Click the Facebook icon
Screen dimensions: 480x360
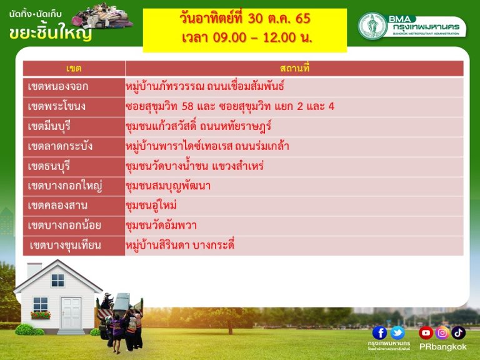[379, 332]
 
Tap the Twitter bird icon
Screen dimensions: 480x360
[397, 332]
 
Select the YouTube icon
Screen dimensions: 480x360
[426, 332]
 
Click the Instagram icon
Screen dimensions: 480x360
[442, 332]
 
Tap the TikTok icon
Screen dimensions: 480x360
[458, 332]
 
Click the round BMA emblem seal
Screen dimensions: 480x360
[372, 26]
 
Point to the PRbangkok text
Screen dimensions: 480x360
[442, 347]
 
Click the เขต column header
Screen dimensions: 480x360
[74, 68]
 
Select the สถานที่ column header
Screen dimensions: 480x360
[294, 68]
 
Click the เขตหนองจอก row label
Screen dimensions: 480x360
[58, 86]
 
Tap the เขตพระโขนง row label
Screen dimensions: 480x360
[57, 106]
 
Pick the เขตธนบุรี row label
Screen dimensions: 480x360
[49, 166]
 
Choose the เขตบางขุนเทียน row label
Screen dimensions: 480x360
[65, 245]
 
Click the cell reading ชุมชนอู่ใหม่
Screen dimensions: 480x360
[151, 206]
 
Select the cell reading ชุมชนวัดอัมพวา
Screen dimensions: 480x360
[161, 225]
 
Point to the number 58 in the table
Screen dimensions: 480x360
[187, 106]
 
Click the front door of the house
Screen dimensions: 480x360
[71, 313]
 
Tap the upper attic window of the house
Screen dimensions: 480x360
[57, 280]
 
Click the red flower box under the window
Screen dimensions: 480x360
[41, 315]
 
